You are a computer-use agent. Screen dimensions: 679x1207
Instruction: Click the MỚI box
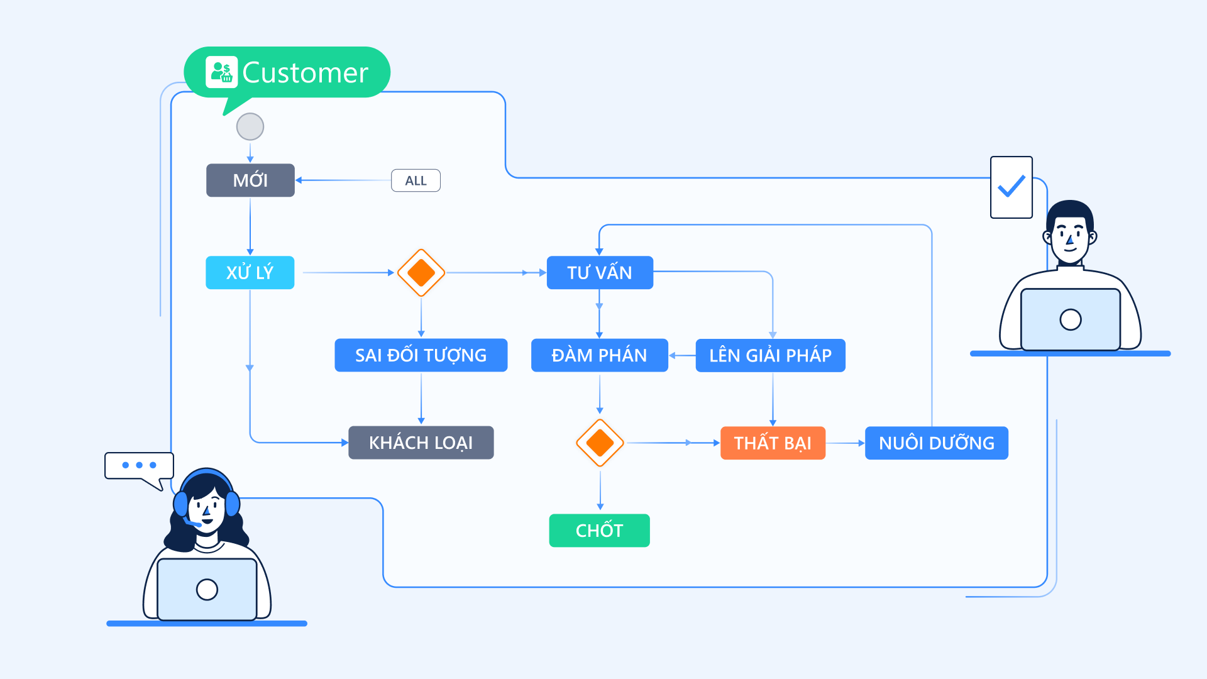click(x=250, y=180)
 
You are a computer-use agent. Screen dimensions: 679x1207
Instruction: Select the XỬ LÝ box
click(x=250, y=272)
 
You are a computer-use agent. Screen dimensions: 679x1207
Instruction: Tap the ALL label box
click(x=416, y=180)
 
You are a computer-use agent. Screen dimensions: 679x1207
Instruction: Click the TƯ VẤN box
click(x=600, y=272)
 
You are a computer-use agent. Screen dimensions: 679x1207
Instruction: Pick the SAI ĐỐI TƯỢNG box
click(x=421, y=355)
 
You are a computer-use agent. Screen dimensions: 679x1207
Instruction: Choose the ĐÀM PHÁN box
click(x=599, y=355)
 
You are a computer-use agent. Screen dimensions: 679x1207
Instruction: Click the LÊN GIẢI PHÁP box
click(x=770, y=355)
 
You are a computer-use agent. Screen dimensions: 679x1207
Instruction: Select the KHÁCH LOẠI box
click(x=421, y=443)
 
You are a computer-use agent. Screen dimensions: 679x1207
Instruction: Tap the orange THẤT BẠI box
click(x=773, y=443)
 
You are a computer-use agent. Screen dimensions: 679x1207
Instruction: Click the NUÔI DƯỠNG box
click(x=936, y=443)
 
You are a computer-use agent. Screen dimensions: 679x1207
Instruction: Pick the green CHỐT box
click(x=599, y=531)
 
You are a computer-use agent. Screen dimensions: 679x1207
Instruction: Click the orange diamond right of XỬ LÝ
click(x=421, y=272)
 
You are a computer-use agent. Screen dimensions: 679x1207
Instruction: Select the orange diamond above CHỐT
click(x=600, y=443)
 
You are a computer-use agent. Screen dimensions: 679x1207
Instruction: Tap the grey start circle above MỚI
click(x=250, y=126)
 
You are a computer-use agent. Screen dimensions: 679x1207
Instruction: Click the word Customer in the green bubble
click(x=306, y=73)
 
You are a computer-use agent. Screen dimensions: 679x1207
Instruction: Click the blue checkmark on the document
click(x=1011, y=186)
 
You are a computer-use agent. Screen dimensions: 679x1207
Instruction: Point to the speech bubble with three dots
click(x=139, y=466)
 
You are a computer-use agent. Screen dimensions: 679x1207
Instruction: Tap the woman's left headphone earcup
click(x=181, y=504)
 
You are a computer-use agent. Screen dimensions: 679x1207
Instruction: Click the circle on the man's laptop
click(x=1070, y=319)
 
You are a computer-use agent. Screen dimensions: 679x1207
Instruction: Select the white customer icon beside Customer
click(x=221, y=72)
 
